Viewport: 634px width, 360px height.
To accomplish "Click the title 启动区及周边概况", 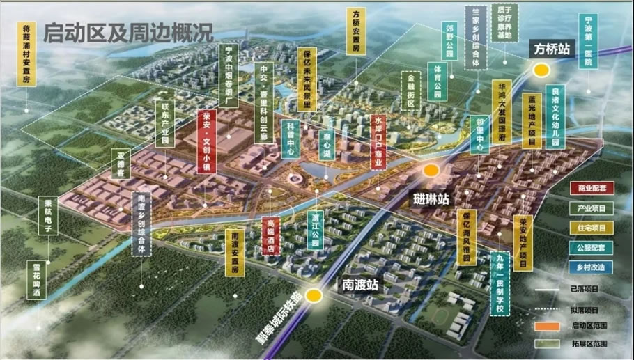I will tap(128, 32).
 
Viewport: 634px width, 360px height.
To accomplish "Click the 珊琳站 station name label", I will tap(431, 198).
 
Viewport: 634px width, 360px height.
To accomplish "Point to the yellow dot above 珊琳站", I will tap(431, 170).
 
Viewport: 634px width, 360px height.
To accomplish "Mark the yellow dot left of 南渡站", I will tap(314, 295).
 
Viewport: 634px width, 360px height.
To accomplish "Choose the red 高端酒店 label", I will tap(272, 238).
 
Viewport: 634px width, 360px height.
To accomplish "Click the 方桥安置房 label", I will tap(356, 32).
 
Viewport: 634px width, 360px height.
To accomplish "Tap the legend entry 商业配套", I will tap(592, 188).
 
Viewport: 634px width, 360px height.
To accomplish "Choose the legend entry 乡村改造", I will tap(592, 267).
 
